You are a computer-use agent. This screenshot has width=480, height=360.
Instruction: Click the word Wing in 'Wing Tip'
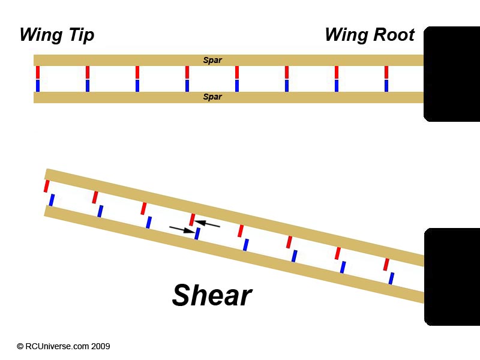41,34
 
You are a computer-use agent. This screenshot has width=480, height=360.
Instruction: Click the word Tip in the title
82,35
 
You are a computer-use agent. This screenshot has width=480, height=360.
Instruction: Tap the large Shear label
212,295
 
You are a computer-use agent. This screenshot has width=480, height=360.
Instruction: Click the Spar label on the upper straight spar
212,61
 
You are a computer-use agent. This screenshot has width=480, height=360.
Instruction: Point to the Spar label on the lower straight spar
212,97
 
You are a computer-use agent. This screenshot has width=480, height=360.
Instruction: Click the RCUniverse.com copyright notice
64,346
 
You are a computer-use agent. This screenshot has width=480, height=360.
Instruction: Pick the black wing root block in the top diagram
452,74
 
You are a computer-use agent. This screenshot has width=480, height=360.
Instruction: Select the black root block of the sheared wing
452,277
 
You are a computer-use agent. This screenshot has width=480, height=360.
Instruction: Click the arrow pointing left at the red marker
207,224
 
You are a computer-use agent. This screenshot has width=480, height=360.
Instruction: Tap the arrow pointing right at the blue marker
182,230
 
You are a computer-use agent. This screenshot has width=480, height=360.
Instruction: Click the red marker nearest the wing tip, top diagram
38,72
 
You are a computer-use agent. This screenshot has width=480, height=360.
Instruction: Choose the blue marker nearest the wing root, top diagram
386,86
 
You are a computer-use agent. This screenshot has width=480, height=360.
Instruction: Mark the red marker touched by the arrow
192,220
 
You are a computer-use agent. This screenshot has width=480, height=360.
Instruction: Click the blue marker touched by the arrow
197,233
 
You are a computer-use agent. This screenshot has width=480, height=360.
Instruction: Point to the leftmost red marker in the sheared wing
47,186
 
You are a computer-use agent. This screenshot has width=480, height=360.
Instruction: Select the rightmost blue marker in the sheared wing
391,278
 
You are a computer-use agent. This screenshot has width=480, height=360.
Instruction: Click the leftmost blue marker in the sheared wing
52,200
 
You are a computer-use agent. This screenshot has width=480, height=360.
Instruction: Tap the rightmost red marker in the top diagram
386,72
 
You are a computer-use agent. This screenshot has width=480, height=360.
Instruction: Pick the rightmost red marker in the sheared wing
386,265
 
